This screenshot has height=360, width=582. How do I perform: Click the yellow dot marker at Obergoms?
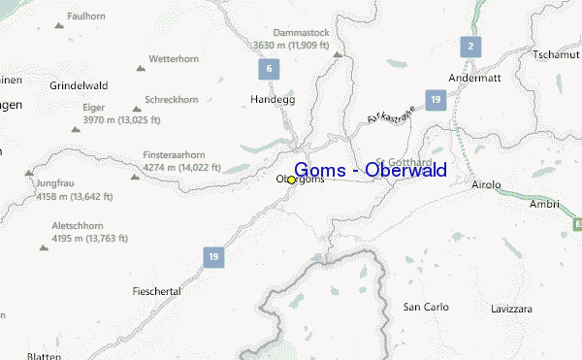click(291, 180)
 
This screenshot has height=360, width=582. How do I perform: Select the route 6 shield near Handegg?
click(267, 70)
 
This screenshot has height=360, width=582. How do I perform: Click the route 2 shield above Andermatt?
click(469, 46)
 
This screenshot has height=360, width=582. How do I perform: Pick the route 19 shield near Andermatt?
click(436, 100)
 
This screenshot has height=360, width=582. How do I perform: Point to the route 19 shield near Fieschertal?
click(212, 256)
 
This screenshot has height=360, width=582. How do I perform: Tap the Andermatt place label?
click(479, 77)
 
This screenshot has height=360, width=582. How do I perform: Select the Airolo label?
click(486, 183)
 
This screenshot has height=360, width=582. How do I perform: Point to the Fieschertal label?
click(156, 291)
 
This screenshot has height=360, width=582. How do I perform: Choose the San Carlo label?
click(426, 307)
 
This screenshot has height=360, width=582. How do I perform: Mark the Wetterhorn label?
click(174, 59)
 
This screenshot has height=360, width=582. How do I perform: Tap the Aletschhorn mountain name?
click(80, 225)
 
